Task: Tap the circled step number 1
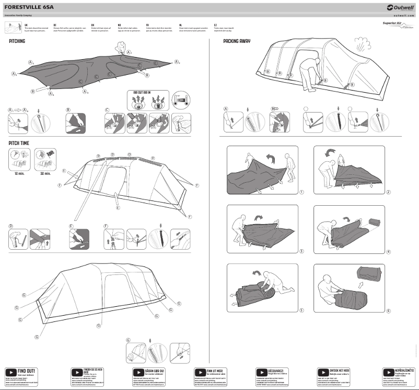coord(302,192)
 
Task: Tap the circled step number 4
coord(388,251)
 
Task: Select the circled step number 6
coord(388,310)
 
